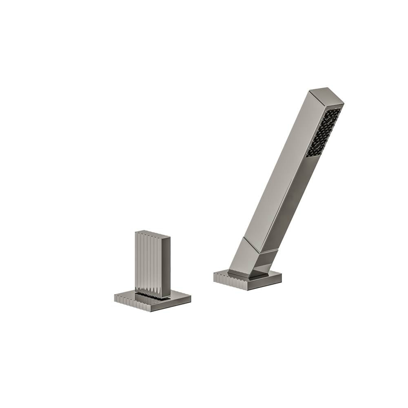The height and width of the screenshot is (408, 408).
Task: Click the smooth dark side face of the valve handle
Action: (x=165, y=267)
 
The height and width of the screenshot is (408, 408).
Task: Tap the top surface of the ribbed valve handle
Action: (x=153, y=234)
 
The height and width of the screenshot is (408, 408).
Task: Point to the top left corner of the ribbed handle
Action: (x=135, y=232)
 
